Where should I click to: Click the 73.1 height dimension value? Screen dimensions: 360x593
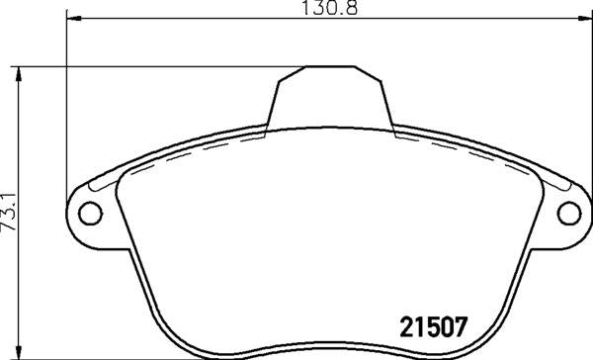(9, 212)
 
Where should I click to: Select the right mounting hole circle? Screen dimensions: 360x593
(570, 212)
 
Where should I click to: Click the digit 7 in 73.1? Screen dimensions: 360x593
(9, 225)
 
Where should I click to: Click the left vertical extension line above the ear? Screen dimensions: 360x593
(66, 99)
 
